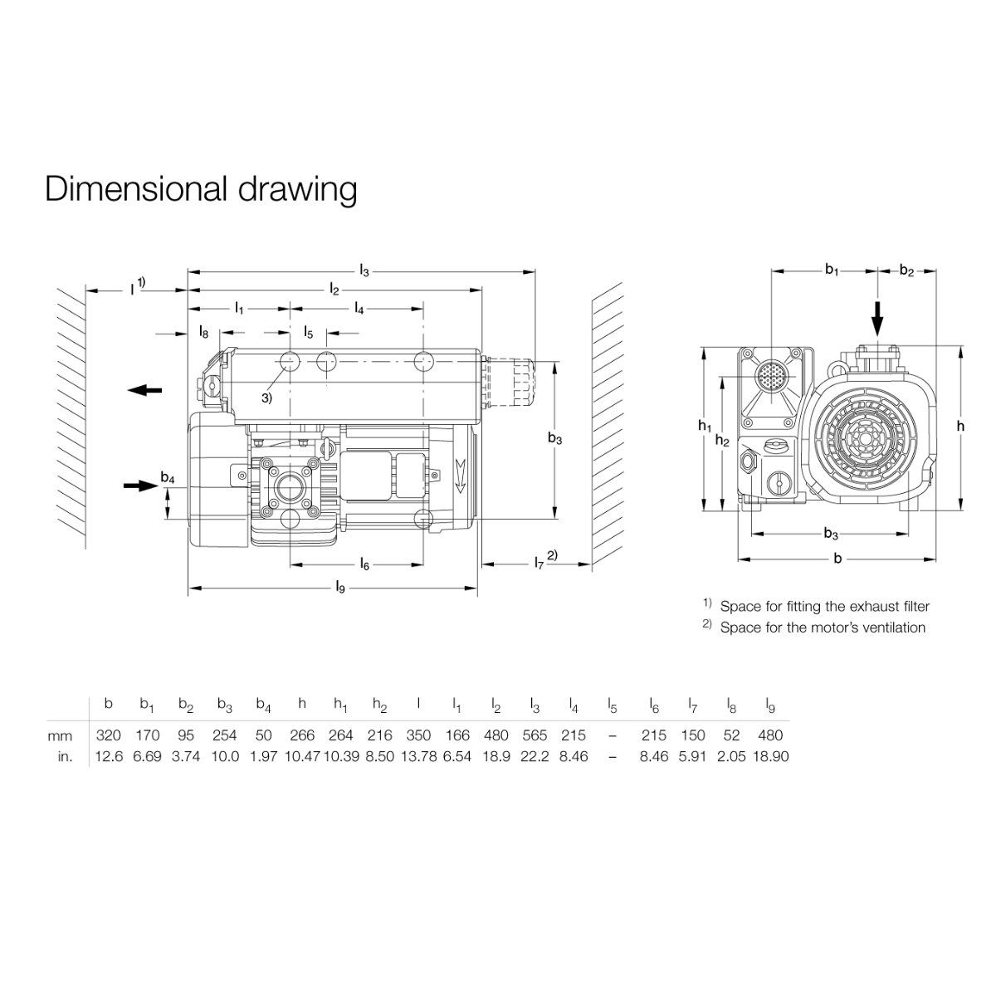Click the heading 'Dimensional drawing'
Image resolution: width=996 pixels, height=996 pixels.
point(201,189)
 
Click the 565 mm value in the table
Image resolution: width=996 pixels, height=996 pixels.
point(535,735)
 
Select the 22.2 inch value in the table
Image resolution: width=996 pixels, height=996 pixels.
point(535,756)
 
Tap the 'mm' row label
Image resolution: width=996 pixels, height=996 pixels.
point(61,735)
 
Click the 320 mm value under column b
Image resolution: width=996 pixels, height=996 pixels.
point(109,735)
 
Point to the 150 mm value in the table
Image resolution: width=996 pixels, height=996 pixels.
point(692,735)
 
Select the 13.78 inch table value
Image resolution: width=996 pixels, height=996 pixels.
point(418,756)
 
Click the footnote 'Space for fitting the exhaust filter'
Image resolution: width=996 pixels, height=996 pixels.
point(824,607)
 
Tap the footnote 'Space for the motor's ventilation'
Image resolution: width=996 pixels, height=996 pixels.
point(822,627)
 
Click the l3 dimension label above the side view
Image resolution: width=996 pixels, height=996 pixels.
point(364,270)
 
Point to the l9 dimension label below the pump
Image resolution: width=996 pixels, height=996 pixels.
point(340,588)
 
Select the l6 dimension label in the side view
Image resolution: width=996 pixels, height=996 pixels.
point(364,565)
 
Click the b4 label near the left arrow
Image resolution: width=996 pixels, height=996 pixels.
point(168,477)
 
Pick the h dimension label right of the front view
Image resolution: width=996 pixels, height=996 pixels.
point(960,426)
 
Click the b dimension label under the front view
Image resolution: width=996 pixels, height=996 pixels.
point(837,559)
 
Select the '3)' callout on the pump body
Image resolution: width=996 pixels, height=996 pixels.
point(266,398)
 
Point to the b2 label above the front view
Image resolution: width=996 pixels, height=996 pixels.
point(906,271)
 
